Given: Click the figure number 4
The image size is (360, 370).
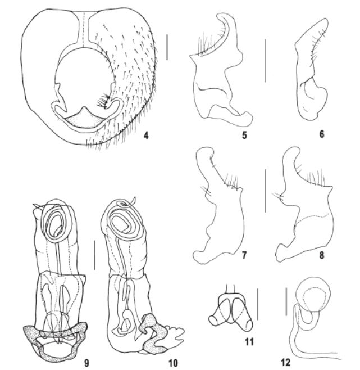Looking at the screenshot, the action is [x=146, y=135].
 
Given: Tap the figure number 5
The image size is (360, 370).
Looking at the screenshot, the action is [x=244, y=135].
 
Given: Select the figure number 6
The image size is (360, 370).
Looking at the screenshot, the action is [x=322, y=134].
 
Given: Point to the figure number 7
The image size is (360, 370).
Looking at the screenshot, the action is [x=244, y=255].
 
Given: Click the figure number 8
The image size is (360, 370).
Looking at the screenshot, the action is [x=322, y=255].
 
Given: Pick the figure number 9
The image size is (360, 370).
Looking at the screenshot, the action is [x=86, y=363].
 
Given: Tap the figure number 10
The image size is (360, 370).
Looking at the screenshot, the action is [x=173, y=363].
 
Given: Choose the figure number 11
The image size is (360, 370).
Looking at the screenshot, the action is [x=249, y=341].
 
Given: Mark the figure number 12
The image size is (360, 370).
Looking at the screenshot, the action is [x=286, y=363].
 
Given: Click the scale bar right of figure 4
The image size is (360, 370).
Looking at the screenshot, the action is [x=167, y=47].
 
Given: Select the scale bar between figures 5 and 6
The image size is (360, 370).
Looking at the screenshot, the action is [x=266, y=61].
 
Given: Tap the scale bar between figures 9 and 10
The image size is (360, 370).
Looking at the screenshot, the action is [x=94, y=255].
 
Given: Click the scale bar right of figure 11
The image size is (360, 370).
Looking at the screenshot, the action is [x=257, y=304].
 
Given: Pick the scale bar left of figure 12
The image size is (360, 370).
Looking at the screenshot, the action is [x=286, y=301].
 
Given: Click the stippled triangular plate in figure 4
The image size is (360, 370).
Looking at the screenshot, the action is [x=84, y=120].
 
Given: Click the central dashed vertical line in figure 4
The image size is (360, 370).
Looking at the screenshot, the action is [x=84, y=29].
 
